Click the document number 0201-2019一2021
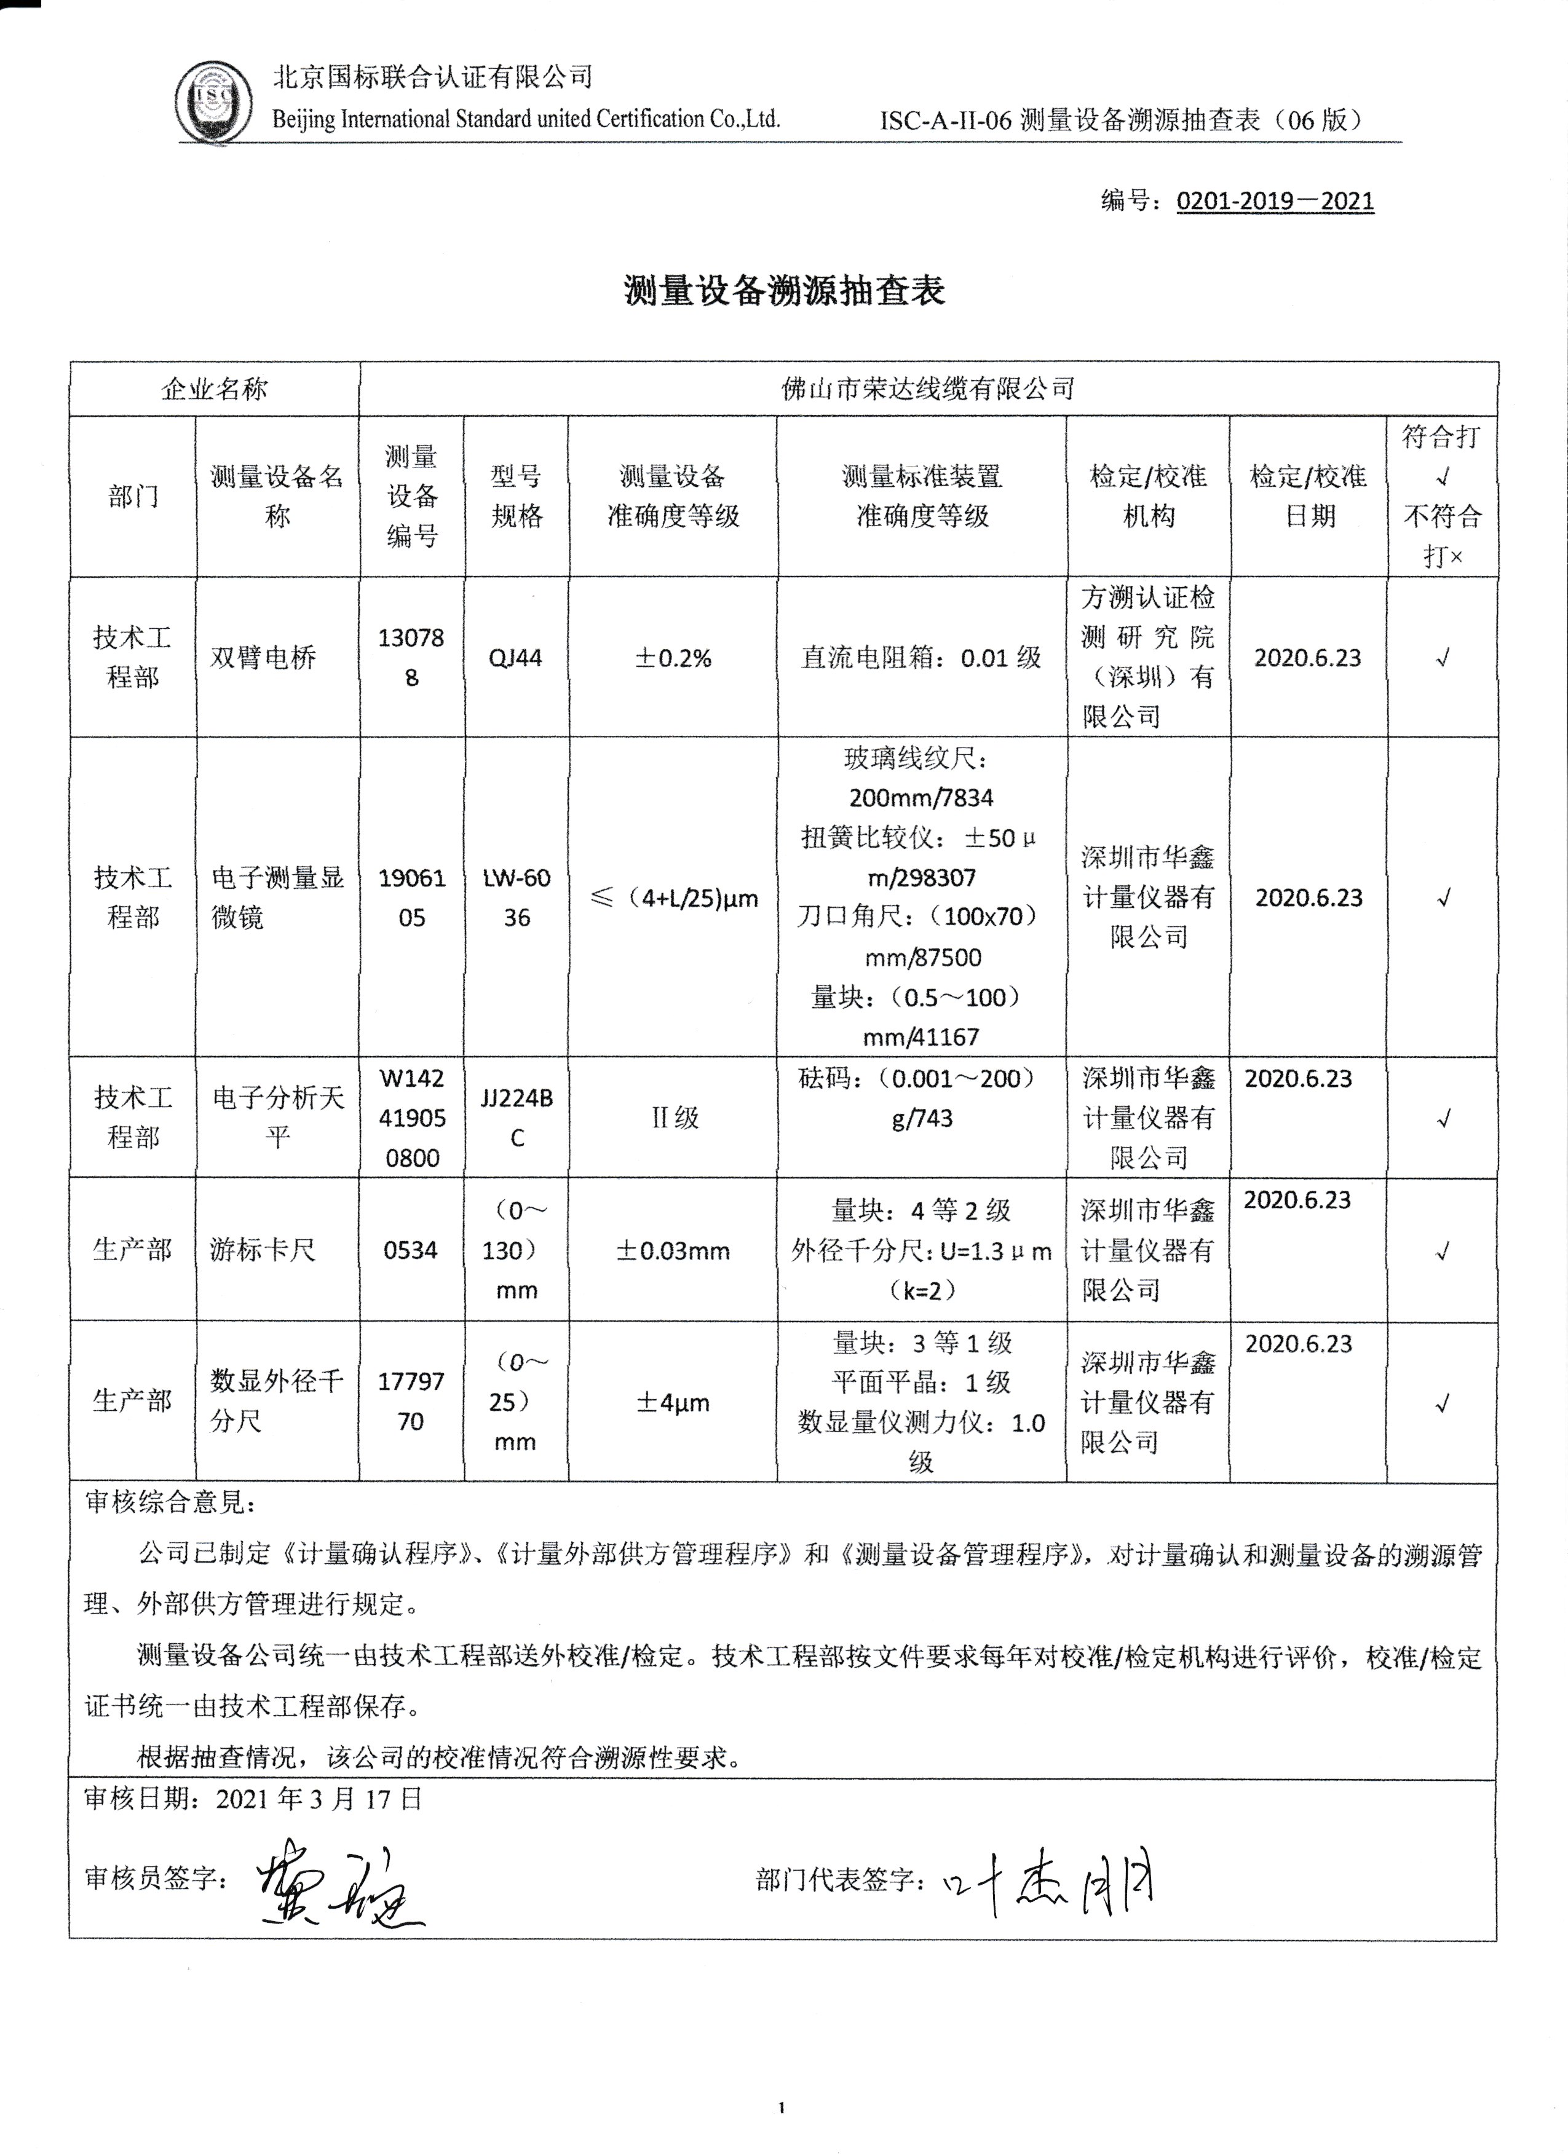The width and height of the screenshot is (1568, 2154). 1275,200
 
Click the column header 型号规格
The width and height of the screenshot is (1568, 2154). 517,495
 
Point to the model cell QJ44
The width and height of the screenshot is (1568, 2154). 516,657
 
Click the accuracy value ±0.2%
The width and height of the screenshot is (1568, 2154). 673,657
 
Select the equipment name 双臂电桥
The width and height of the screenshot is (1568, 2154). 263,657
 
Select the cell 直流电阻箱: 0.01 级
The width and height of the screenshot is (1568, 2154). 921,657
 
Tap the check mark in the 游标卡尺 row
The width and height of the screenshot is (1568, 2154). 1443,1252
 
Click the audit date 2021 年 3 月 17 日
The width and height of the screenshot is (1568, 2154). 319,1799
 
